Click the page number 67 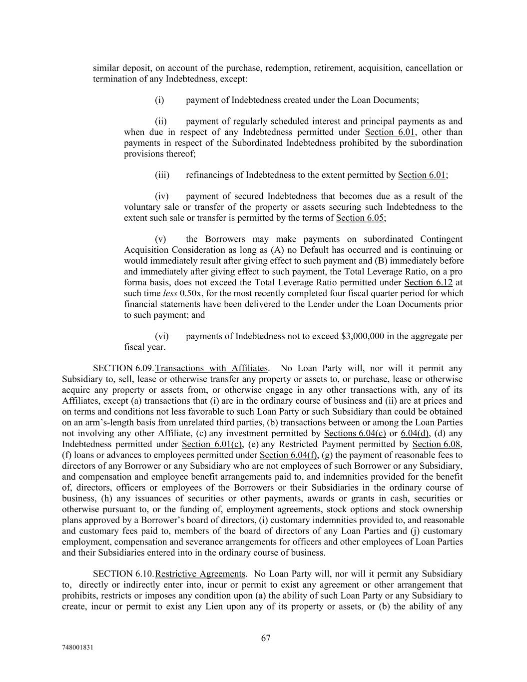click(x=266, y=638)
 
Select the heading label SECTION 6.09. click(x=123, y=368)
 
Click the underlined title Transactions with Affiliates click(x=211, y=368)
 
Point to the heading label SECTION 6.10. click(x=123, y=574)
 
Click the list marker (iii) click(x=162, y=175)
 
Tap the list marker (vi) click(x=162, y=336)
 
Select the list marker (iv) click(x=162, y=196)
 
